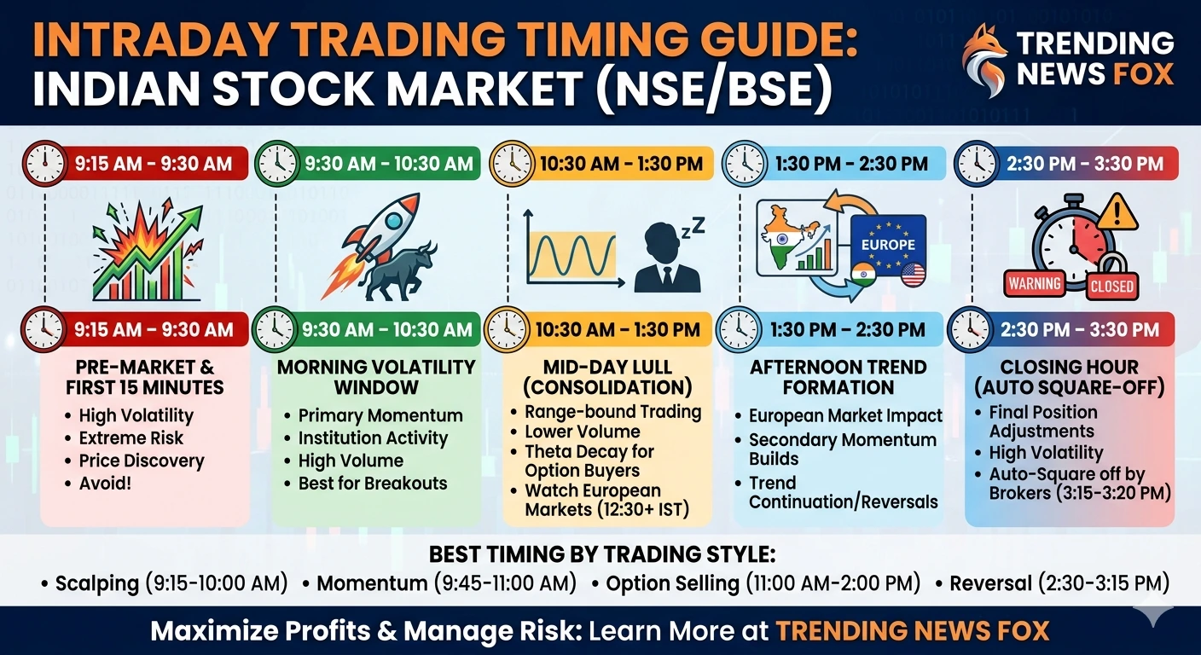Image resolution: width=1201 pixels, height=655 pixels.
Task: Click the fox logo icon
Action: point(983,59)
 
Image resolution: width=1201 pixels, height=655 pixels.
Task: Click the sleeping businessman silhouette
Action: point(668,260)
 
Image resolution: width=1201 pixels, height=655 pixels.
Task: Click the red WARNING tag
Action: point(1035,283)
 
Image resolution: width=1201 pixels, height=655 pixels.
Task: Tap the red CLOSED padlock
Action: point(1111,277)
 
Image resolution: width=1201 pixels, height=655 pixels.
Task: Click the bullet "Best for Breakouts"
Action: point(373,483)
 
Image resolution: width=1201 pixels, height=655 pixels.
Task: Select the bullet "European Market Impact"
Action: point(845,416)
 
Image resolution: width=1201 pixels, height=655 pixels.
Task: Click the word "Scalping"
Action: point(96,583)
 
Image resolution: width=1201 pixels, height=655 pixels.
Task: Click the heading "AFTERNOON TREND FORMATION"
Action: point(838,377)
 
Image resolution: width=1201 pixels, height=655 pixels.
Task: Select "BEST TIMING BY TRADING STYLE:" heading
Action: point(601,554)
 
